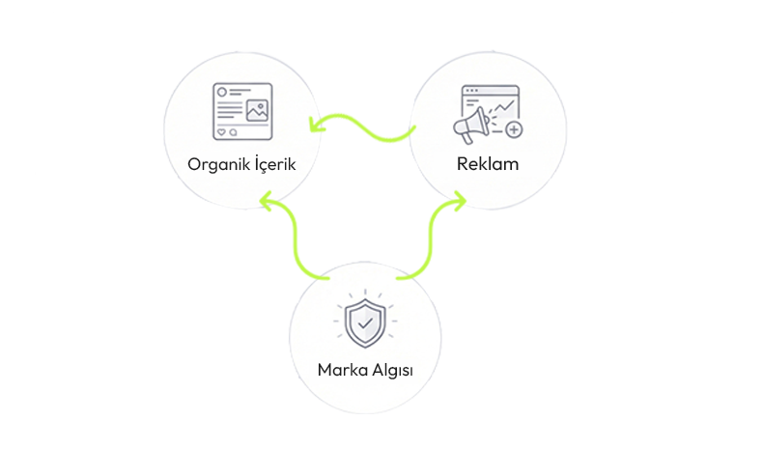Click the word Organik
click(x=216, y=164)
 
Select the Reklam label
click(x=487, y=163)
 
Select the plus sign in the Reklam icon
click(x=513, y=129)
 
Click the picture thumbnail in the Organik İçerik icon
click(x=257, y=110)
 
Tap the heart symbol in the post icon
click(x=221, y=131)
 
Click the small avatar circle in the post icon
click(x=221, y=93)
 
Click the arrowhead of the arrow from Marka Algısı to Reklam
click(x=458, y=200)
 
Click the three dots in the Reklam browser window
click(x=471, y=91)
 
